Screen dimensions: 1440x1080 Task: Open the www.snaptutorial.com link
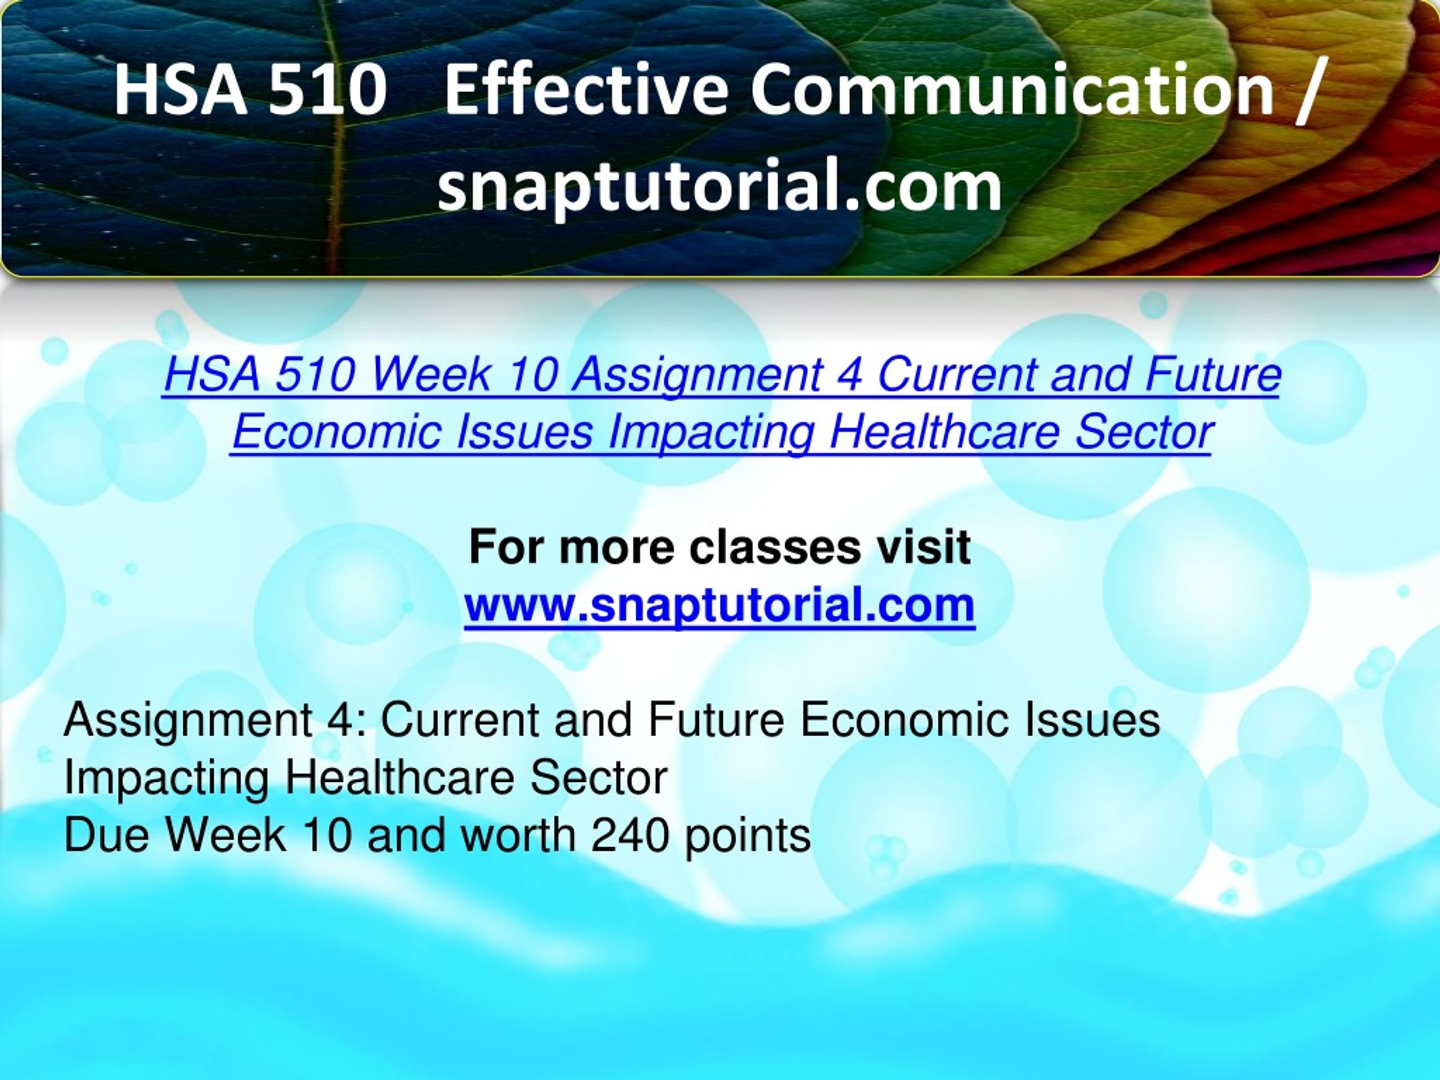click(x=719, y=605)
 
